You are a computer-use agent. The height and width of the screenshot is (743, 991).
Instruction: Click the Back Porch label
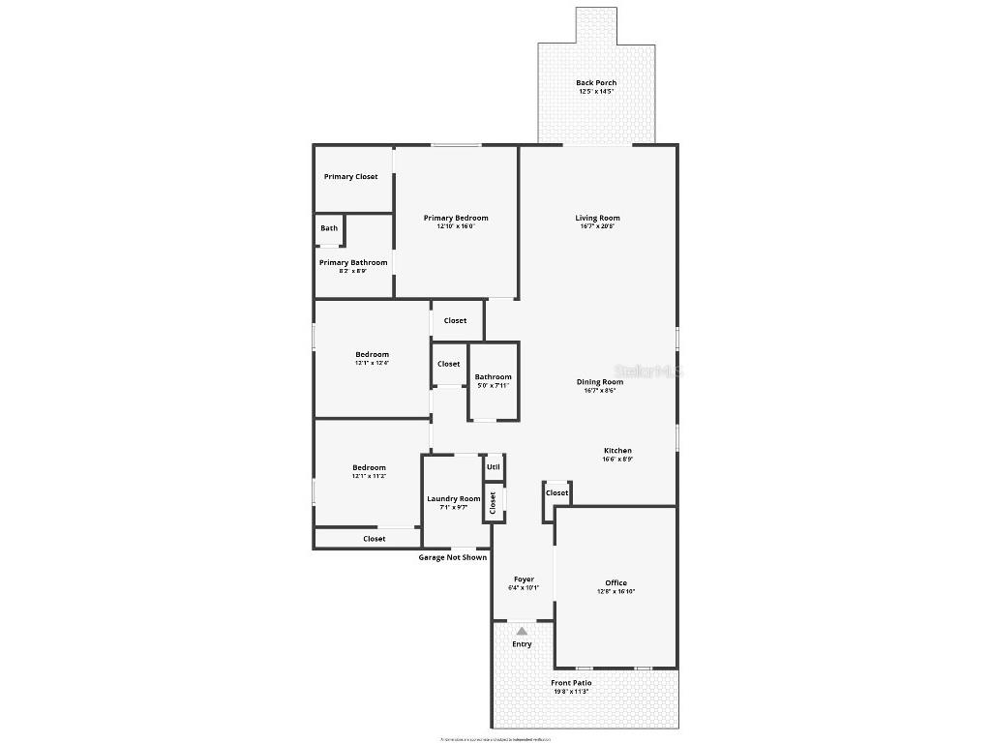click(x=596, y=83)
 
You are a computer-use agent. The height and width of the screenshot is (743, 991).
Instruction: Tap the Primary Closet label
click(x=351, y=177)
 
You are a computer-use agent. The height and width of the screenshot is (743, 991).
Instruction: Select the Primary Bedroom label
click(x=456, y=218)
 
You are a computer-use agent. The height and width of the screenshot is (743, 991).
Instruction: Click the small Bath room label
click(x=330, y=228)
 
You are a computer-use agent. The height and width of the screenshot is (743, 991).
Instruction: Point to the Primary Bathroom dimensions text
click(x=352, y=272)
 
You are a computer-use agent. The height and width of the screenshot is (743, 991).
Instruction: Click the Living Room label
click(x=597, y=218)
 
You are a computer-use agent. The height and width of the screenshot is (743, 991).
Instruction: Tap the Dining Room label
click(x=600, y=382)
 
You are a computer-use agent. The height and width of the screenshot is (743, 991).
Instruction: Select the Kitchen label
click(x=617, y=451)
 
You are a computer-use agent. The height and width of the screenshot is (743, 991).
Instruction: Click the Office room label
click(x=616, y=583)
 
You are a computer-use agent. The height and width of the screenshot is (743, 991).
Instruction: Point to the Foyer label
click(x=524, y=580)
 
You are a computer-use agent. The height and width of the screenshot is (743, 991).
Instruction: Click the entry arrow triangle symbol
click(x=522, y=631)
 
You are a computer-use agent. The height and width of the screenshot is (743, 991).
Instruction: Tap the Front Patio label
click(x=570, y=683)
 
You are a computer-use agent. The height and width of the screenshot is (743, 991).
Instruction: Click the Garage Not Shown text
click(x=452, y=557)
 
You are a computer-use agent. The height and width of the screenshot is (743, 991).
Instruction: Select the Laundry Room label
click(x=454, y=499)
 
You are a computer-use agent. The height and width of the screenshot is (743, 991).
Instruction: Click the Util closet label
click(x=494, y=466)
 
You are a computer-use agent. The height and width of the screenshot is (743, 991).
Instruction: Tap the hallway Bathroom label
click(x=493, y=377)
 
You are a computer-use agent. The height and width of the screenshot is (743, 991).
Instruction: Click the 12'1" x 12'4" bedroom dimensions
click(x=371, y=363)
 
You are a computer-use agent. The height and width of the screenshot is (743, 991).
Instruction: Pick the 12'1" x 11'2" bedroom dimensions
click(x=369, y=476)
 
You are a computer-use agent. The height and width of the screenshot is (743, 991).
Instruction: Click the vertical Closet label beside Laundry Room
click(x=493, y=502)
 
